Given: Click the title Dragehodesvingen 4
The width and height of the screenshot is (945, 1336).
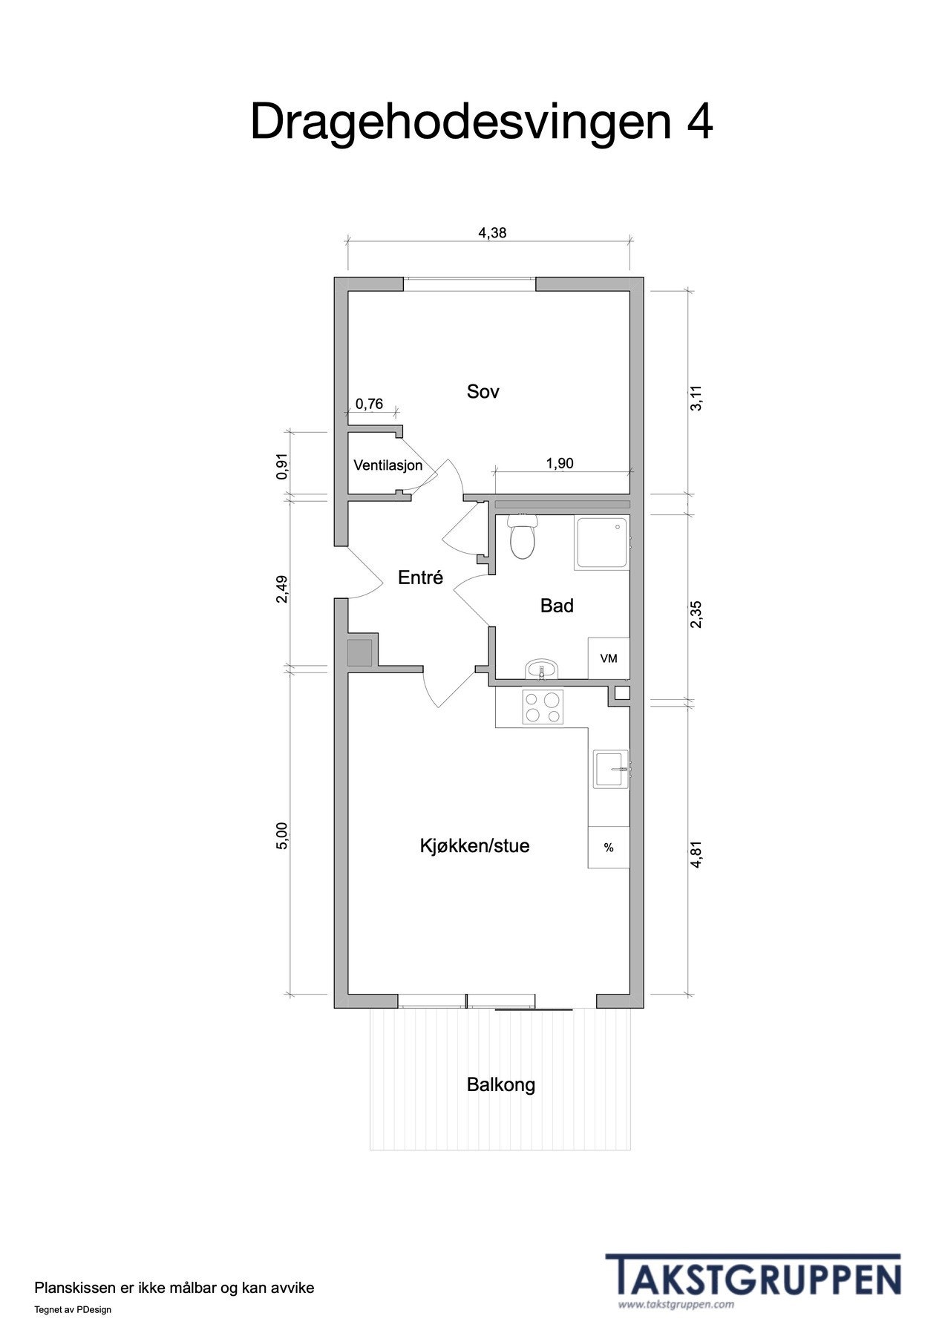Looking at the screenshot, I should [481, 122].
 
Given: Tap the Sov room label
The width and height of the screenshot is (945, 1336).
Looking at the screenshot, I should [483, 391].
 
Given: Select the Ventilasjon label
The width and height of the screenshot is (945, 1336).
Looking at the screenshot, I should [388, 465].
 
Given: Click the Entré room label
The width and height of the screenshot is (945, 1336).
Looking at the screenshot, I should [420, 577].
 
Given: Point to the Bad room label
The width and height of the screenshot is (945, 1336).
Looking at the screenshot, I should [556, 606].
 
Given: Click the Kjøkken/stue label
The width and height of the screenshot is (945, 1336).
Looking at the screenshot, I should [474, 846].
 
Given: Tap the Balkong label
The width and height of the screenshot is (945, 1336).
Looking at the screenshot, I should [500, 1084].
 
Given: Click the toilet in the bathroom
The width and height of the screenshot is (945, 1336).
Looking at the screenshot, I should [523, 538].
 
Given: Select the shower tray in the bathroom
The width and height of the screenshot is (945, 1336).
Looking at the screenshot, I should [601, 544].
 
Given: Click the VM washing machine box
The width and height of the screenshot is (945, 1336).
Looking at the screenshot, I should [609, 658].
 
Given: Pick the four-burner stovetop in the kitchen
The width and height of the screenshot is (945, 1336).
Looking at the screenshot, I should [543, 707].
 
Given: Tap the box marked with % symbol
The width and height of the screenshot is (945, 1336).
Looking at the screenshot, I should [609, 848].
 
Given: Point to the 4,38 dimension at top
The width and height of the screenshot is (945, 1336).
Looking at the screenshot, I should [491, 232].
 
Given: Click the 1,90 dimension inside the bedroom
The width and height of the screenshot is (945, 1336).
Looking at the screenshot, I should [559, 463].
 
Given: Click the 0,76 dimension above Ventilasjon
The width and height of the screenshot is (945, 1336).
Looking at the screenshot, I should [369, 404].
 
